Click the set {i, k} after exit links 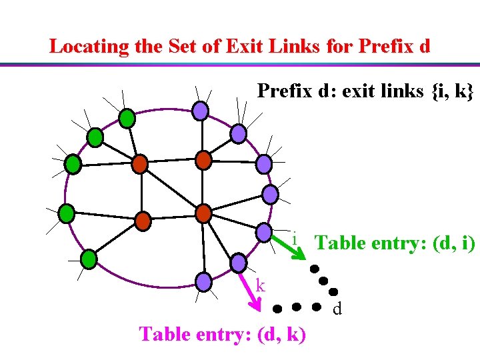(x=453, y=91)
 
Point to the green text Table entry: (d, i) (x=395, y=243)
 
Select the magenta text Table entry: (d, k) (x=223, y=333)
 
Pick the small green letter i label (x=294, y=237)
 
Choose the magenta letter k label (x=261, y=286)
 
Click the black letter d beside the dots (x=337, y=309)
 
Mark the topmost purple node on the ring (x=200, y=110)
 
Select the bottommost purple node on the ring (x=204, y=281)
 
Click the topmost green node (x=127, y=119)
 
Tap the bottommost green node (x=89, y=258)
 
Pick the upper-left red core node (x=139, y=163)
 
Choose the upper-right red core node (x=203, y=160)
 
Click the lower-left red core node (x=143, y=220)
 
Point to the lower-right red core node (x=203, y=213)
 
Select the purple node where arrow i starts (x=264, y=233)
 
